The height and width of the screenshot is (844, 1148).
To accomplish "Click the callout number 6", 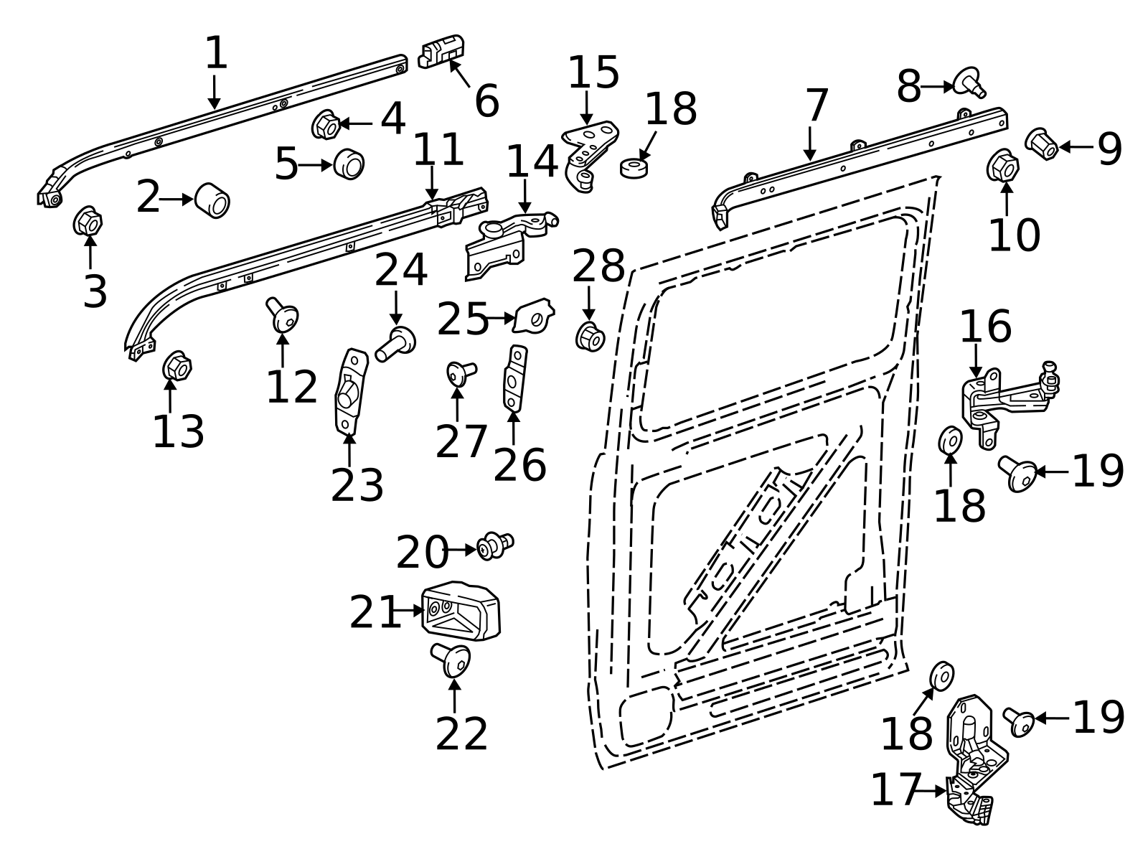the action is (x=486, y=101).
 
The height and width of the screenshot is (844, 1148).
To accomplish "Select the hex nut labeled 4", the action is (x=326, y=124).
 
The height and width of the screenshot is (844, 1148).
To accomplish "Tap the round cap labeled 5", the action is (x=349, y=164).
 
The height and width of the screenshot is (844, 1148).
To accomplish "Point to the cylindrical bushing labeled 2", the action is (x=212, y=200).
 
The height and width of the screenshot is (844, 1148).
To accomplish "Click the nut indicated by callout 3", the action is (x=88, y=221).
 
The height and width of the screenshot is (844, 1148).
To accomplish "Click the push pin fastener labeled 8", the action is (x=969, y=83).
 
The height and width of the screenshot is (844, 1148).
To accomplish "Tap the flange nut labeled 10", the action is (x=1003, y=165).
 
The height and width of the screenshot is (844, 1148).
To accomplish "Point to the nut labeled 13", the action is (x=177, y=366).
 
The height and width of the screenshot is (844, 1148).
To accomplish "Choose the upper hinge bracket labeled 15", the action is (x=589, y=155).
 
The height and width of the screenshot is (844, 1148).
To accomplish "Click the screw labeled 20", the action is (x=494, y=546).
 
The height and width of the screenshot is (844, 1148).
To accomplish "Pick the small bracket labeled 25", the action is (x=534, y=315).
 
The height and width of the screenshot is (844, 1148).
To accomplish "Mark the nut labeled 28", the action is (x=591, y=337).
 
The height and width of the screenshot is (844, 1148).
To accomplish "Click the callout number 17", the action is (x=895, y=789).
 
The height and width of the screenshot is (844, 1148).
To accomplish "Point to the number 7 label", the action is (x=817, y=105).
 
